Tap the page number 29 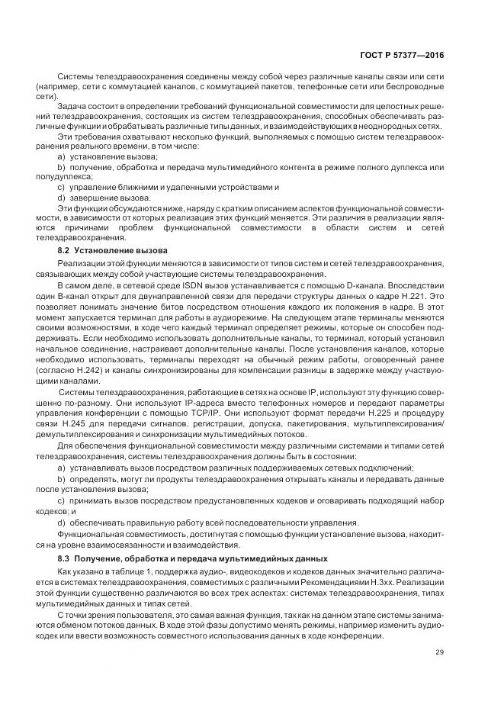[x=439, y=651]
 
